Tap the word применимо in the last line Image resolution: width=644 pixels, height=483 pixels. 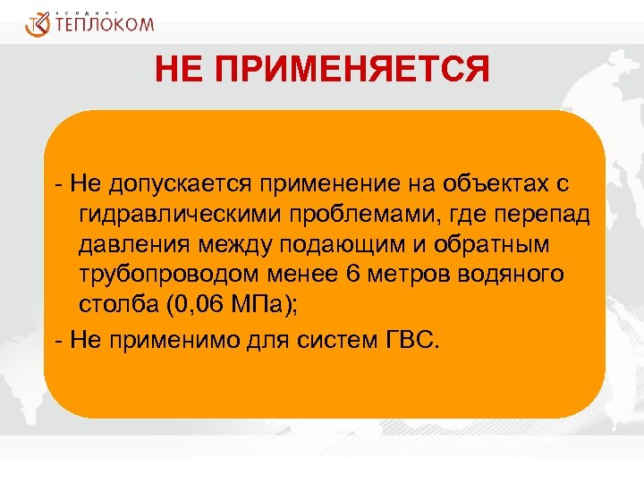(161, 341)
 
